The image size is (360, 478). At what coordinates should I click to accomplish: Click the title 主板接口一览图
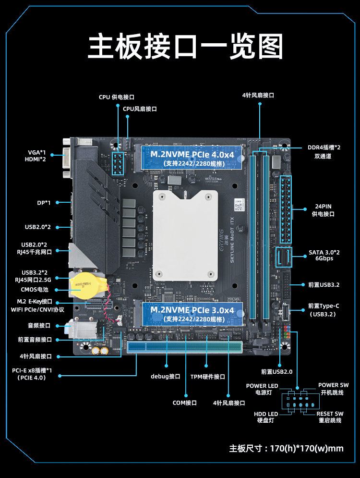pos(185,47)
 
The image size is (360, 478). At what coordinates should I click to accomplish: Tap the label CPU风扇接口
pos(140,109)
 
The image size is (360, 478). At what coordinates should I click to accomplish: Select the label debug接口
pos(165,377)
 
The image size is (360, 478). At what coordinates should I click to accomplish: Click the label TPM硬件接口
pos(207,377)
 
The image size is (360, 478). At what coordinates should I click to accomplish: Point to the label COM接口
pos(185,403)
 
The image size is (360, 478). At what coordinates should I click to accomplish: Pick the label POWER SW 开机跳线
pos(333,389)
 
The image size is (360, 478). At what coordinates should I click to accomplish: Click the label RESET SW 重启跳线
pos(330,417)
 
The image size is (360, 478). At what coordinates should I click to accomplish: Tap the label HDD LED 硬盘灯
pos(266,417)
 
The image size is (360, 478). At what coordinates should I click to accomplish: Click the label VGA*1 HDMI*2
pos(37,156)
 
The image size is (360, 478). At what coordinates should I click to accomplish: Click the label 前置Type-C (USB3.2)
pos(324,310)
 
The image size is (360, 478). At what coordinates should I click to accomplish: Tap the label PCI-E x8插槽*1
pos(32,370)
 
